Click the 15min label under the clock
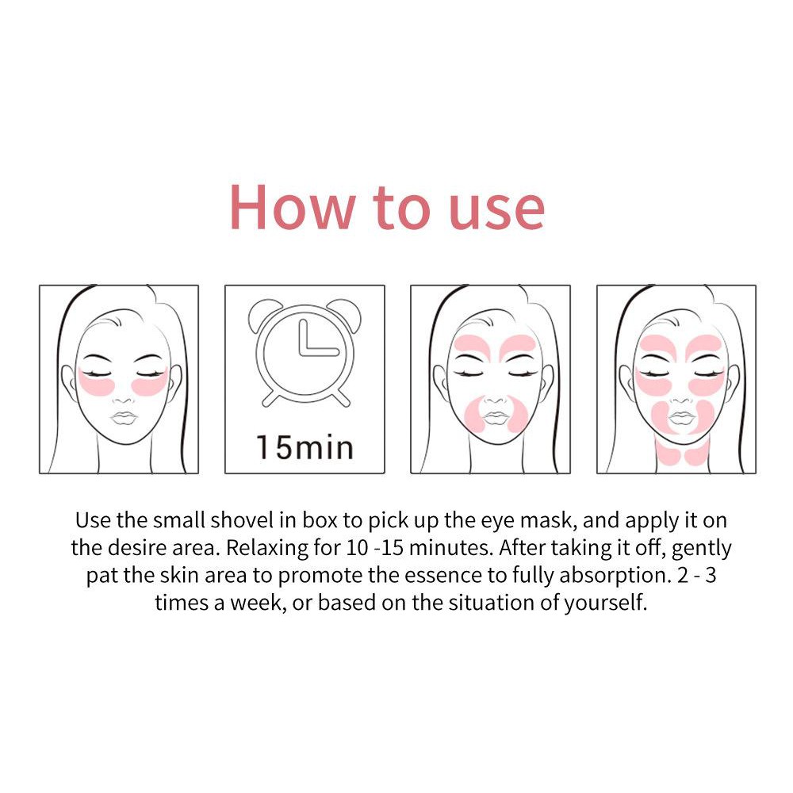coord(305,447)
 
